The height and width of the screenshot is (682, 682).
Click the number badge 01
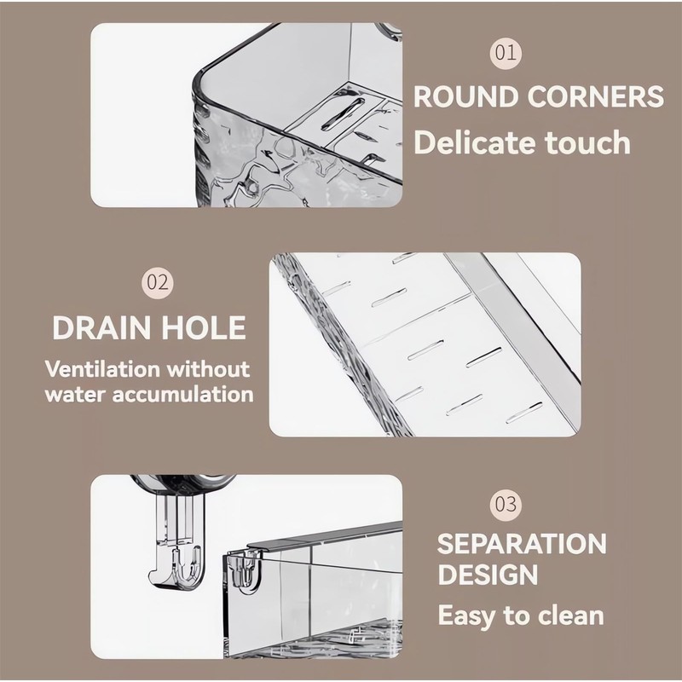(x=506, y=53)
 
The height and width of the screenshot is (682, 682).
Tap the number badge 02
(x=159, y=283)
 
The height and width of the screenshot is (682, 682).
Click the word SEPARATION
(x=522, y=544)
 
